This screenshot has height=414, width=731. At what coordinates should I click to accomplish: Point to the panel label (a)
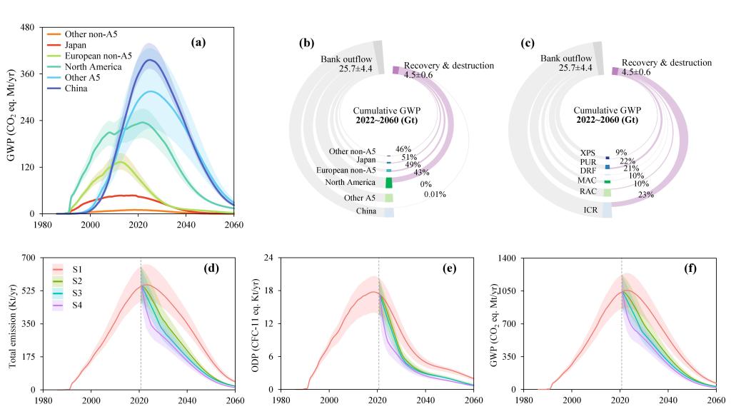tap(198, 42)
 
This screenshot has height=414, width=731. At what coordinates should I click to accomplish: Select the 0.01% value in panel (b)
tap(435, 194)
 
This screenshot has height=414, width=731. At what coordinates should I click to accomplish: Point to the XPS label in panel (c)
tap(588, 153)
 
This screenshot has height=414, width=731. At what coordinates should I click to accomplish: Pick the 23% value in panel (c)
tap(646, 194)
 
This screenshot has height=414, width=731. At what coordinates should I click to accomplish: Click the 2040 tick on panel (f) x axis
tap(669, 400)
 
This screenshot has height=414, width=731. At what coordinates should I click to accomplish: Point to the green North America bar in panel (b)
tap(388, 183)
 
